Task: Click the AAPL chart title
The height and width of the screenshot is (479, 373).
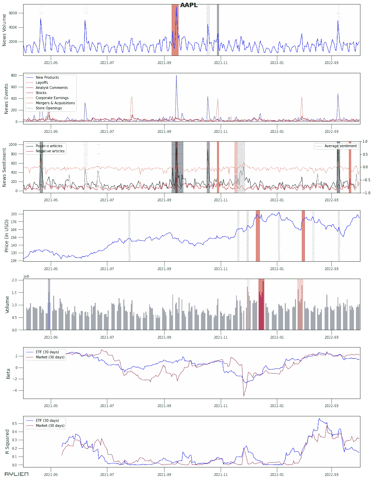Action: pos(189,5)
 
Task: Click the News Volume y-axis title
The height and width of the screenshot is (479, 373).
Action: pos(4,30)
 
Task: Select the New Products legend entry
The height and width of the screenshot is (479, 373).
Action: pos(47,78)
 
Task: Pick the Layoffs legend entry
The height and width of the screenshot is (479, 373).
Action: pos(42,83)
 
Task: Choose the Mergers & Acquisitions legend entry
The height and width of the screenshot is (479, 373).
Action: pos(55,103)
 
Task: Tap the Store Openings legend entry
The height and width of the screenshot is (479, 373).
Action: pos(49,108)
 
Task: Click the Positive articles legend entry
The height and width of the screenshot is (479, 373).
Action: pos(49,146)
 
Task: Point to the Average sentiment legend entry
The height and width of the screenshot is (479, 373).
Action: pos(340,146)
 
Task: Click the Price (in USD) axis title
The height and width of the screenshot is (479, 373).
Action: pos(6,236)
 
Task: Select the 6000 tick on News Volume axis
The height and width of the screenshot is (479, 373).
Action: pos(13,13)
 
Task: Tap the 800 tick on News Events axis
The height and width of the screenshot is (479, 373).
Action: pos(14,76)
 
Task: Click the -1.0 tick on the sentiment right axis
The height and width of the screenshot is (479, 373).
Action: pos(365,193)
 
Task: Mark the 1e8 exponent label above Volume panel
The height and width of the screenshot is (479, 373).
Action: pos(26,276)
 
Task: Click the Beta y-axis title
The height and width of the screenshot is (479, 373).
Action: pos(9,373)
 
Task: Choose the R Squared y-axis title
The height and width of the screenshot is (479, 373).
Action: pos(7,442)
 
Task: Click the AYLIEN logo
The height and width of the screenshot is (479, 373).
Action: pos(16,474)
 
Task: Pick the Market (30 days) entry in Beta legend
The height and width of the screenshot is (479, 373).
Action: pos(50,357)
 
